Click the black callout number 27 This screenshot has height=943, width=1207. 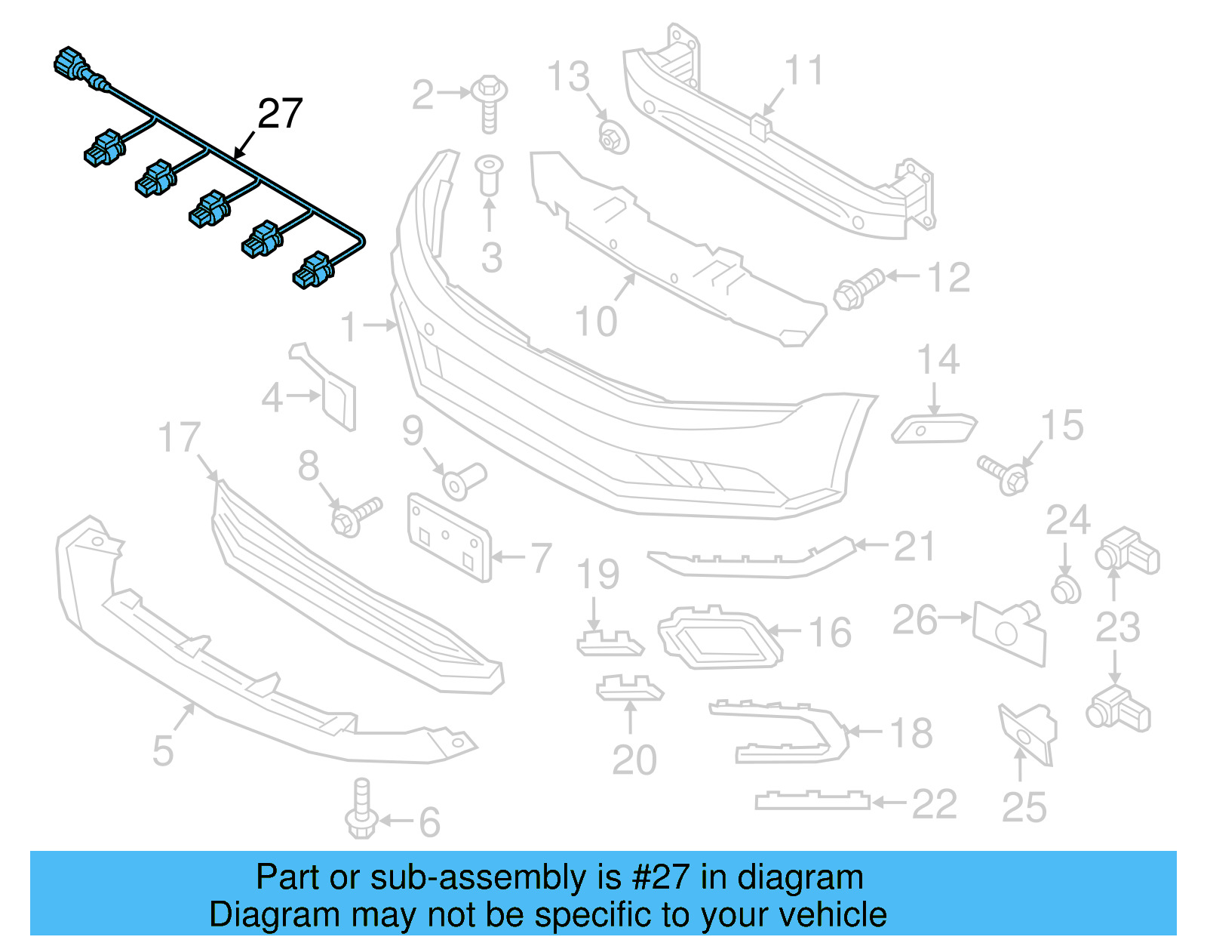coord(280,114)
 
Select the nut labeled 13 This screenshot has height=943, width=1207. coord(612,138)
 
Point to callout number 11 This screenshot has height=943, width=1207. coord(804,71)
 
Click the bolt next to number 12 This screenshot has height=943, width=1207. coord(858,289)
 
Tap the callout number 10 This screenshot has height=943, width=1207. coord(596,322)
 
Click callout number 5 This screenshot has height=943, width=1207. coord(163,750)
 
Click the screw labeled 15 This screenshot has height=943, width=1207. coord(1004,473)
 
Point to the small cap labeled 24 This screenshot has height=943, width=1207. coord(1065,589)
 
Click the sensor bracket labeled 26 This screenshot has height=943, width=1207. coord(1009,631)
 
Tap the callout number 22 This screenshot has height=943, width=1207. coord(934,804)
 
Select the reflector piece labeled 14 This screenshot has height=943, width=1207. coord(934,429)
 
